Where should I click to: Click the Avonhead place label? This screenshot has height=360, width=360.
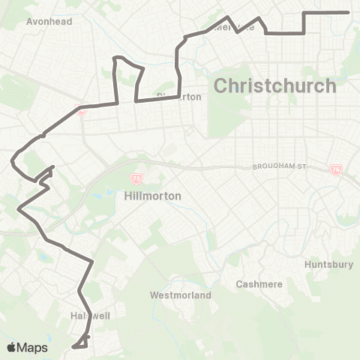click(x=49, y=22)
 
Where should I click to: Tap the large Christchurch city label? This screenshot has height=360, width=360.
click(x=274, y=85)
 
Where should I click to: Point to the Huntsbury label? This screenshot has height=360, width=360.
click(x=328, y=265)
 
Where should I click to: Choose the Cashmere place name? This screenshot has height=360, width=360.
click(x=257, y=284)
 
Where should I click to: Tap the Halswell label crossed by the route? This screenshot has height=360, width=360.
click(x=90, y=316)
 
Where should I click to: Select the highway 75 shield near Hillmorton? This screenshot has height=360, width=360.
click(x=136, y=178)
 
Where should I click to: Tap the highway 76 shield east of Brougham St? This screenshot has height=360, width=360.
click(x=335, y=170)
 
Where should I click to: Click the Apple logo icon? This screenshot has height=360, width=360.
click(x=12, y=347)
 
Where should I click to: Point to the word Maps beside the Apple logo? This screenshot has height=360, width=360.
click(x=33, y=347)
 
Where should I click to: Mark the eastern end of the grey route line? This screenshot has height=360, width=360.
click(x=349, y=12)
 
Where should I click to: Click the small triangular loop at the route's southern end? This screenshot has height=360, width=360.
click(x=80, y=343)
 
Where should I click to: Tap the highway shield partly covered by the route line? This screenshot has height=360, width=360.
click(x=82, y=112)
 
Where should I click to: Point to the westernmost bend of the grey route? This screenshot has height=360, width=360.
click(x=12, y=160)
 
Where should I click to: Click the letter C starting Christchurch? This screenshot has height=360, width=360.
click(x=221, y=85)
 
